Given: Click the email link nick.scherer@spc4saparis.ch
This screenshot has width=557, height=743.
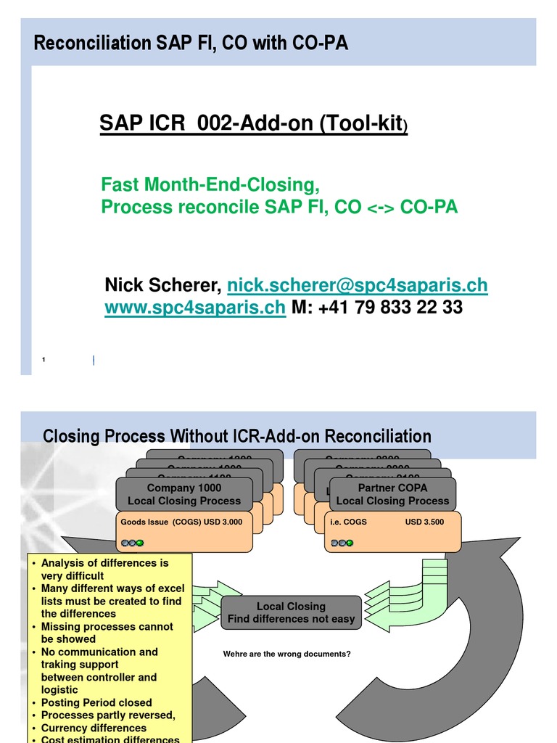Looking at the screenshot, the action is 357,285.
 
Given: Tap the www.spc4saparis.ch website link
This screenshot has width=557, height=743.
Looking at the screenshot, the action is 195,308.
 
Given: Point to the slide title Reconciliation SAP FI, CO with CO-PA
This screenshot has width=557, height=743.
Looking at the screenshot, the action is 191,44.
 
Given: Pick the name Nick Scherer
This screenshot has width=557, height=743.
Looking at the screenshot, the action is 163,285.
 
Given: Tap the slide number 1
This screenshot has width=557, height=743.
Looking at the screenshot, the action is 44,360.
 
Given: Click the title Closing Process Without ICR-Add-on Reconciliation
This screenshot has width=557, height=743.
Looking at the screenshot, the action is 237,436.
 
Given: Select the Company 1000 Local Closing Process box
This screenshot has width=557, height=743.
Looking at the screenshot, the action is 184,494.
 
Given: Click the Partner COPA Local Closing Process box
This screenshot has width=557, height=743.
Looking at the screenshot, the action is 392,494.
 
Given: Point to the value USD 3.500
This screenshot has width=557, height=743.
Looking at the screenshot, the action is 424,521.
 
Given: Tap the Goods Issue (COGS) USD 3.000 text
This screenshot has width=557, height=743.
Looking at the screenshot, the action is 182,521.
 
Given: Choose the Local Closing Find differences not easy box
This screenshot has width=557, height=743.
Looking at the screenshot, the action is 291,612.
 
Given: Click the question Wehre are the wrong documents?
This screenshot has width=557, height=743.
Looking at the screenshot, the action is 287,654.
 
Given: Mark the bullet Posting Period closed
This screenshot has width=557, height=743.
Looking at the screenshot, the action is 96,702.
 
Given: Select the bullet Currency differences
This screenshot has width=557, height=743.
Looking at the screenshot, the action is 94,728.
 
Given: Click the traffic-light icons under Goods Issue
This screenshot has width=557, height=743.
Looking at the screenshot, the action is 133,542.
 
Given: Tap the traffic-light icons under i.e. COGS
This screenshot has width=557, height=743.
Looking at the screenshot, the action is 342,542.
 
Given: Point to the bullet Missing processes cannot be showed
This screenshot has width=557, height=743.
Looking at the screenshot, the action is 107,633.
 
